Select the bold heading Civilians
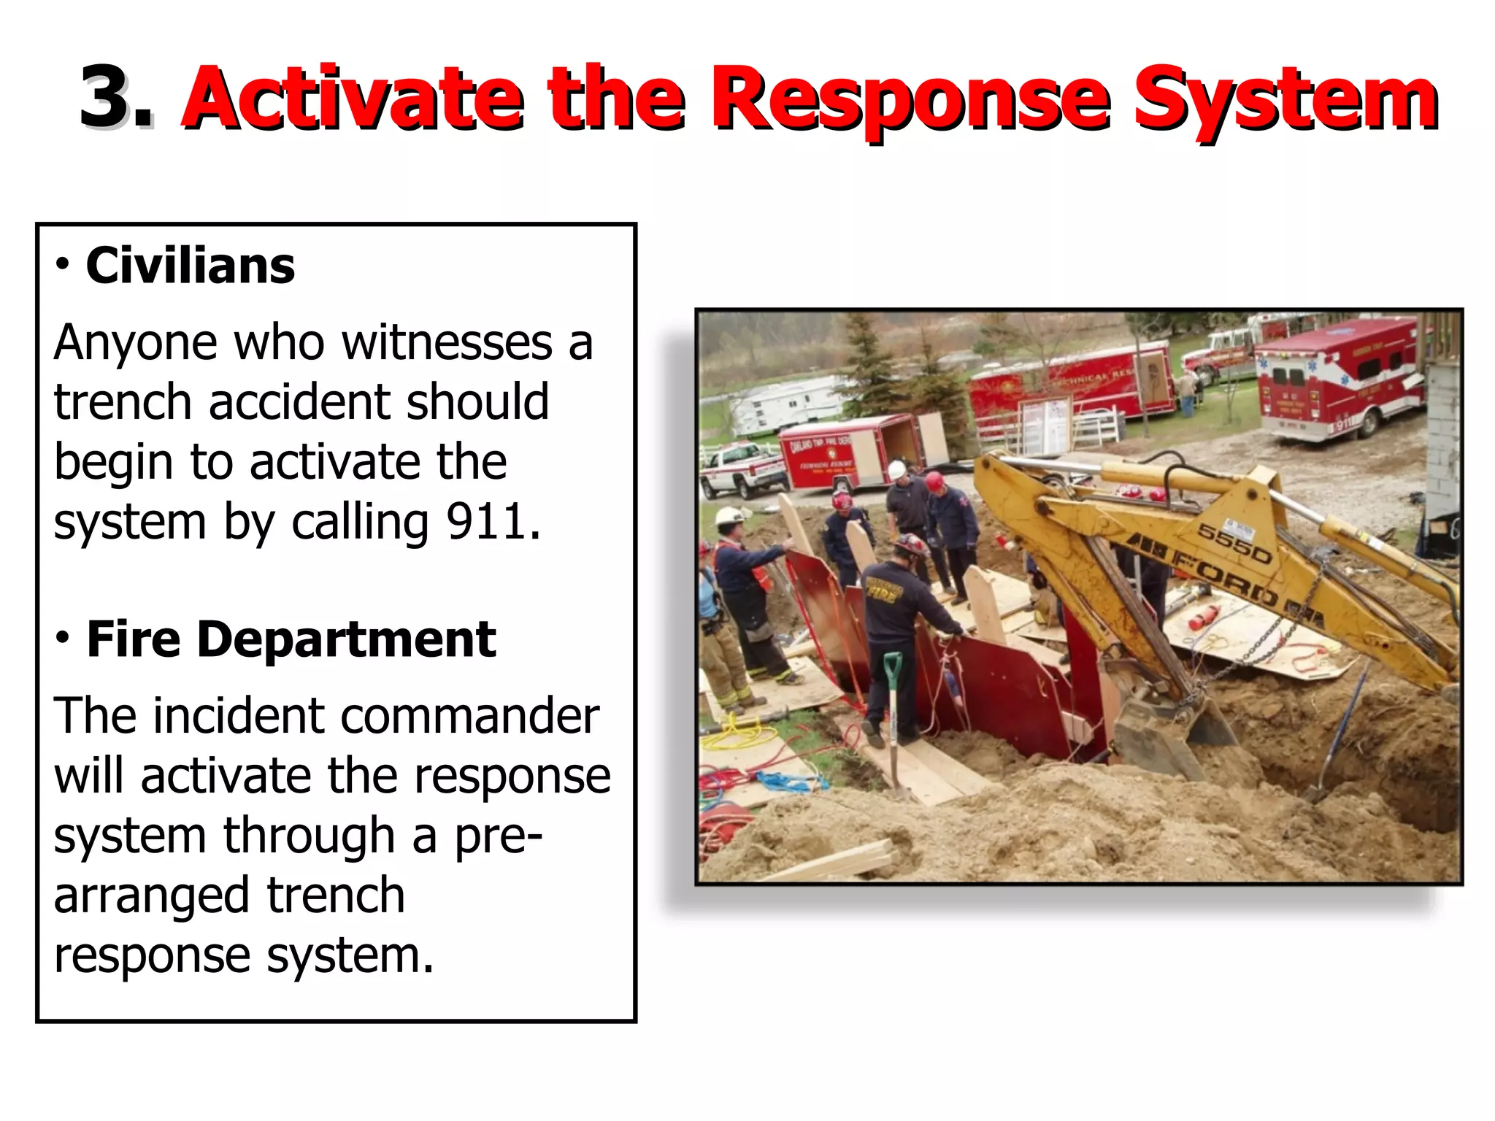pos(190,266)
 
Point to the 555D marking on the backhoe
pos(1234,544)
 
